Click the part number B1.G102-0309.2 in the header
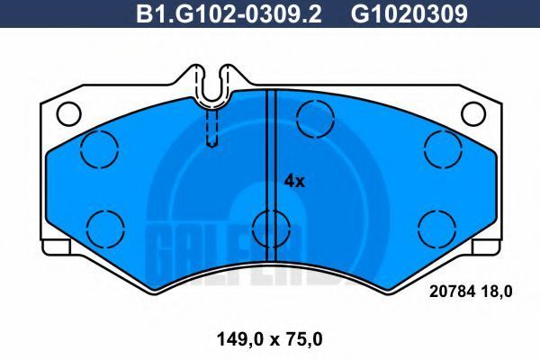click(229, 13)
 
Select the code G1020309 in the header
click(409, 13)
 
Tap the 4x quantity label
click(294, 181)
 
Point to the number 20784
click(452, 292)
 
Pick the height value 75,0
click(303, 340)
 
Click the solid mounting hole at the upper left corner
click(69, 114)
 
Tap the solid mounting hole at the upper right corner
click(473, 114)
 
